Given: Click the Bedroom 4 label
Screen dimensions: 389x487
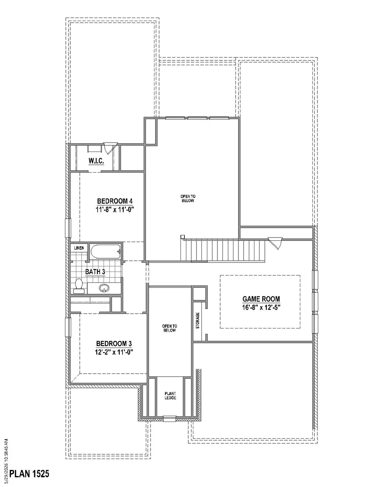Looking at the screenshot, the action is (115, 201).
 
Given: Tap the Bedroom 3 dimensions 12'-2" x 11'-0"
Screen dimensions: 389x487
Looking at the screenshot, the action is (114, 352).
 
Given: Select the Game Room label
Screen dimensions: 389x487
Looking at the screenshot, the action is (261, 299).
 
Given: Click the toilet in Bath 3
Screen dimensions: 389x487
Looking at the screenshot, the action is (79, 286).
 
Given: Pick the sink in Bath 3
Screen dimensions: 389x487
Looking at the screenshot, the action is (104, 288).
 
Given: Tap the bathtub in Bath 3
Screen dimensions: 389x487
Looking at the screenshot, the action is (106, 251).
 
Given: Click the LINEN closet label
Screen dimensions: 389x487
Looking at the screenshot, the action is (79, 248).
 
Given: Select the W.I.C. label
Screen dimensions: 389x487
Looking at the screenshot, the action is (96, 161).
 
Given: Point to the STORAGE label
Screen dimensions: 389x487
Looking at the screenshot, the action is (198, 320).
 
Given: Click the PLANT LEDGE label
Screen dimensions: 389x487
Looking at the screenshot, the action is (170, 402).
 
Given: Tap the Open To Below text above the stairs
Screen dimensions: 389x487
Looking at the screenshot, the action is (188, 198).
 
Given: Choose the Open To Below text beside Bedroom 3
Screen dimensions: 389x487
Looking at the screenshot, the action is (170, 328).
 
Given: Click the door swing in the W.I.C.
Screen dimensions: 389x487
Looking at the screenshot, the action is (110, 148).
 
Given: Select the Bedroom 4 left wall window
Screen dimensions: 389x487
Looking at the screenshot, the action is (68, 228).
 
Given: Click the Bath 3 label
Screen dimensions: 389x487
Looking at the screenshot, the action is (95, 272).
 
